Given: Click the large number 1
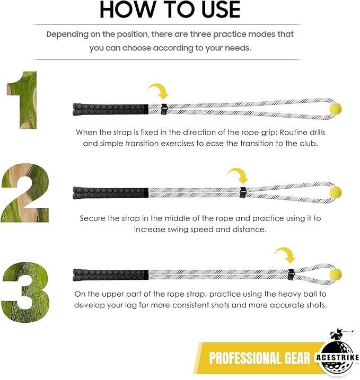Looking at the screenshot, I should pos(22,101).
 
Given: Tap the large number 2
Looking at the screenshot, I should pos(25,193).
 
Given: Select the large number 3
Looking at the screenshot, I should pos(25,281).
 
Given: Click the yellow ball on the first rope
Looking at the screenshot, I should pos(336,108).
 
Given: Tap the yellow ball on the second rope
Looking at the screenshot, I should pos(336,191).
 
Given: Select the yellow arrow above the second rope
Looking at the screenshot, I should pos(238,174).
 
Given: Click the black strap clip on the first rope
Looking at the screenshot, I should pos(164,109).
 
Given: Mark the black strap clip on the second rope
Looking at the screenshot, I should pos(243,191).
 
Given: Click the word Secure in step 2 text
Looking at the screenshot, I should pos(93,218).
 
